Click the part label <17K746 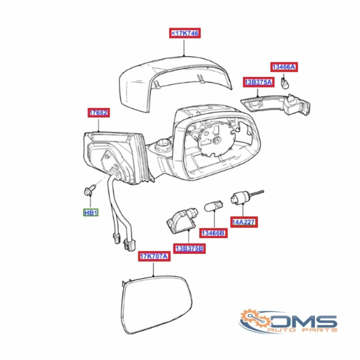tap(185, 33)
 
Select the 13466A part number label tap(284, 67)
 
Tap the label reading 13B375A tap(258, 82)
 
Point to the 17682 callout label tap(98, 112)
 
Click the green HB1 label tap(91, 213)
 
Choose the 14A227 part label tap(244, 222)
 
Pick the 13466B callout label tap(213, 233)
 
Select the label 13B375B tap(189, 249)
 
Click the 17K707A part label tap(154, 256)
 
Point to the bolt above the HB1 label tap(90, 190)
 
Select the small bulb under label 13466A tap(285, 83)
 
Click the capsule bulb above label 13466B tap(213, 205)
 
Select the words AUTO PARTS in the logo tap(303, 330)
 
